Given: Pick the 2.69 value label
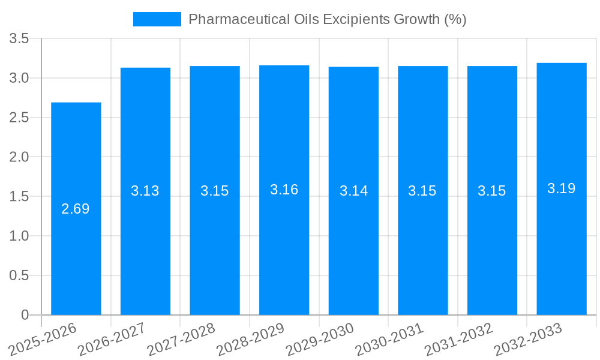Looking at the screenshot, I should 76,209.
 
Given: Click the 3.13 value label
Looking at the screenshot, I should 145,191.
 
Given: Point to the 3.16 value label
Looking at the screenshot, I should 284,190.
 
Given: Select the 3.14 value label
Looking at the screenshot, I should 354,191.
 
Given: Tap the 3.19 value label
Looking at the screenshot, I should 562,188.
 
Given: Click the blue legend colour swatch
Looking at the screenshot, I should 157,19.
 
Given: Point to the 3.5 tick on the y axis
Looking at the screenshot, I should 19,39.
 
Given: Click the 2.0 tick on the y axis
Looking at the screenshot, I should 19,157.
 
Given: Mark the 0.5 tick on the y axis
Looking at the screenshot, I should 19,275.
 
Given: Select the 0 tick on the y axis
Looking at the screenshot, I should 25,315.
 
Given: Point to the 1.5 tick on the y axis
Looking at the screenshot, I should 19,197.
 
